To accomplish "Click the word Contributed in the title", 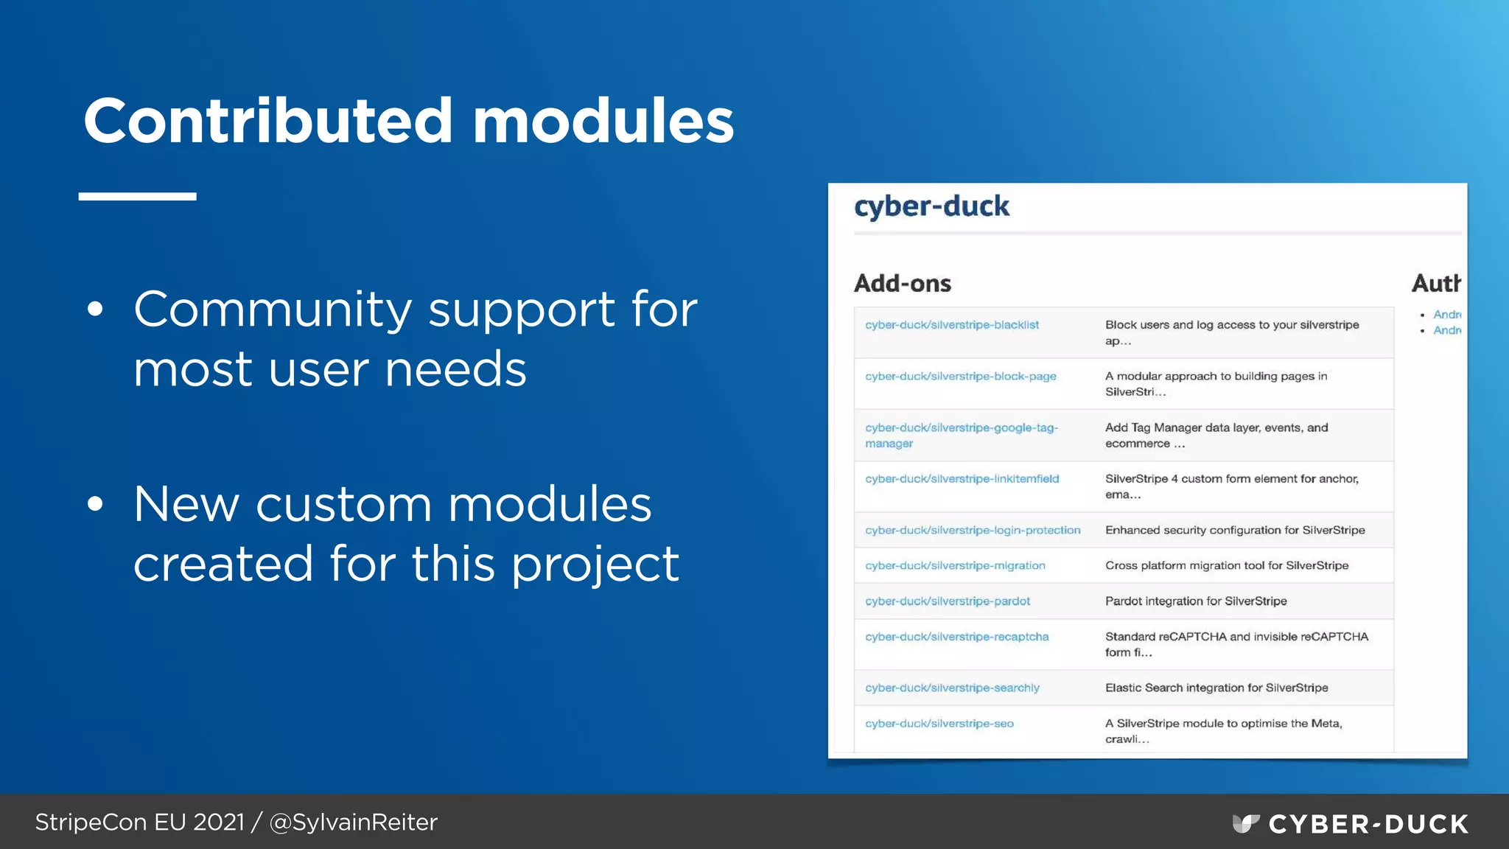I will tap(268, 122).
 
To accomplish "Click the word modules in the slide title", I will tap(603, 122).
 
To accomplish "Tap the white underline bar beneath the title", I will tap(138, 197).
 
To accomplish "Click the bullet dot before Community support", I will tap(95, 310).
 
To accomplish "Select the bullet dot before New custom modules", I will tap(95, 505).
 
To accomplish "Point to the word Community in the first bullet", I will tap(273, 310).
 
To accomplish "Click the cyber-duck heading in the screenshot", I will tap(931, 206).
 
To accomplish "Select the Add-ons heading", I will tap(903, 284).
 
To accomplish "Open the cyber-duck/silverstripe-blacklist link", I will tap(952, 325).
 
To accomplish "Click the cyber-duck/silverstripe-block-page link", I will tap(961, 377).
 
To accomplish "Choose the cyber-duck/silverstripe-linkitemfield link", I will tap(962, 479).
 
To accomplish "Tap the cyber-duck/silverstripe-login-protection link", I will tap(973, 531).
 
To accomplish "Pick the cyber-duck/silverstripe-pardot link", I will tap(948, 601).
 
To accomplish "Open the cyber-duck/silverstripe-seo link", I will tap(939, 724).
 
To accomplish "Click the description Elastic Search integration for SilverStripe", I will tap(1216, 688).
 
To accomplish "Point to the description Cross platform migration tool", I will tap(1227, 566).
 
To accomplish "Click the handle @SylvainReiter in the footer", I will tap(354, 822).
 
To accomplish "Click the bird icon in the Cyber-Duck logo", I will tap(1245, 823).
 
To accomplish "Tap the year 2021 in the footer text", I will tap(218, 822).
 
